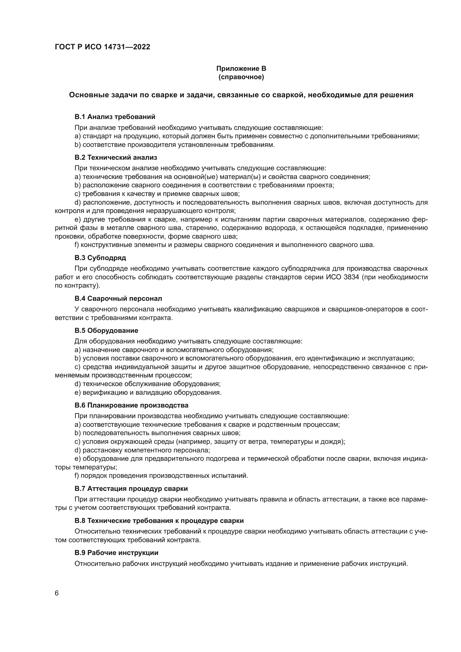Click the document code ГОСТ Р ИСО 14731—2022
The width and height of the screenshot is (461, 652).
coord(102,47)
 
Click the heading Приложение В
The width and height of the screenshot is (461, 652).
coord(241,69)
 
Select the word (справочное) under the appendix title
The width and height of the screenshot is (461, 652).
coord(241,77)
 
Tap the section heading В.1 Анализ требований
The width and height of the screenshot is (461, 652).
coord(115,117)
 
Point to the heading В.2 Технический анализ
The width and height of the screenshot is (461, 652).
coord(116,157)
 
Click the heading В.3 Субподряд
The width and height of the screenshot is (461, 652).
coord(100,258)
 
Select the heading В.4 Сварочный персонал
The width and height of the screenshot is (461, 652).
coord(118,299)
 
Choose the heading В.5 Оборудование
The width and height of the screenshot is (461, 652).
coord(106,331)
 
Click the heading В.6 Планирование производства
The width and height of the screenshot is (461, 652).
coord(131,405)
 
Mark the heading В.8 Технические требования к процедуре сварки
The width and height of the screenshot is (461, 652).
coord(159,521)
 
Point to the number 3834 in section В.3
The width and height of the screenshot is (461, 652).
coord(351,277)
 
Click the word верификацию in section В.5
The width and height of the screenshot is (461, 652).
coord(103,392)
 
